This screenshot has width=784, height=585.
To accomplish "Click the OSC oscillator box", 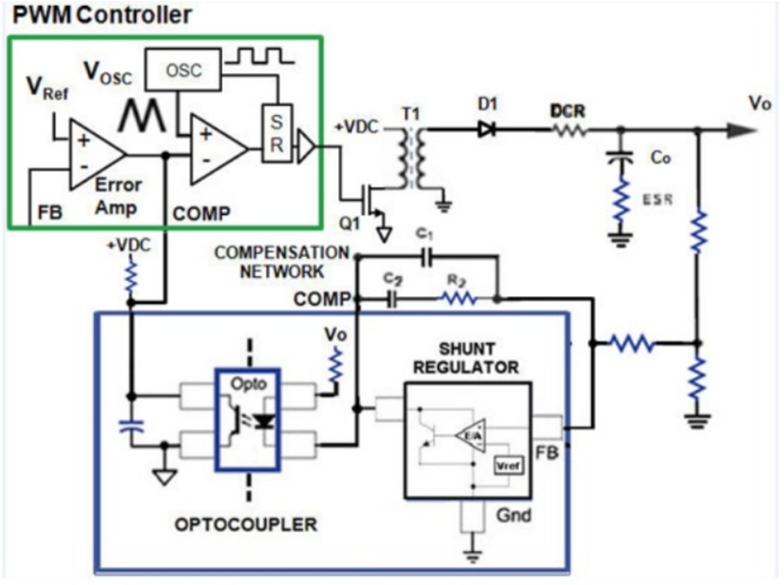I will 184,69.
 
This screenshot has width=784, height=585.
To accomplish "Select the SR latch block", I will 274,133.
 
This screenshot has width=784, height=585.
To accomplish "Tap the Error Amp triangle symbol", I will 96,152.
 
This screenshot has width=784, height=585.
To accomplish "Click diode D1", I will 485,130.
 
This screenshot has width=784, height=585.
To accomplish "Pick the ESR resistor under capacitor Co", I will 620,201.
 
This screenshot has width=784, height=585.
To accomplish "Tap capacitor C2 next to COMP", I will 392,299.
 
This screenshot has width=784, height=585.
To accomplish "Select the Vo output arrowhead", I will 741,130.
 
